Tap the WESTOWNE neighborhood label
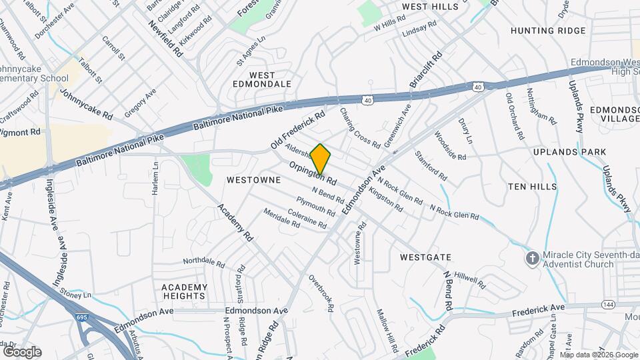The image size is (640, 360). point(252,180)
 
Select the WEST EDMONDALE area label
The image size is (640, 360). point(262,79)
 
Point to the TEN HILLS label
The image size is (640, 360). point(532,187)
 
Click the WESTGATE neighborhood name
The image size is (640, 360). point(426,257)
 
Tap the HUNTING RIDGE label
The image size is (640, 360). point(548,31)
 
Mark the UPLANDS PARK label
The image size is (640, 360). point(561,152)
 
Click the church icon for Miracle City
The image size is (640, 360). point(532,259)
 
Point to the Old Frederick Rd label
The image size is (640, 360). point(297,129)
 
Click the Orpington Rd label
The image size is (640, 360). point(313,172)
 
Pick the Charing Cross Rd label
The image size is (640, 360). point(359,128)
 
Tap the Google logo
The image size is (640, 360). point(22,352)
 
